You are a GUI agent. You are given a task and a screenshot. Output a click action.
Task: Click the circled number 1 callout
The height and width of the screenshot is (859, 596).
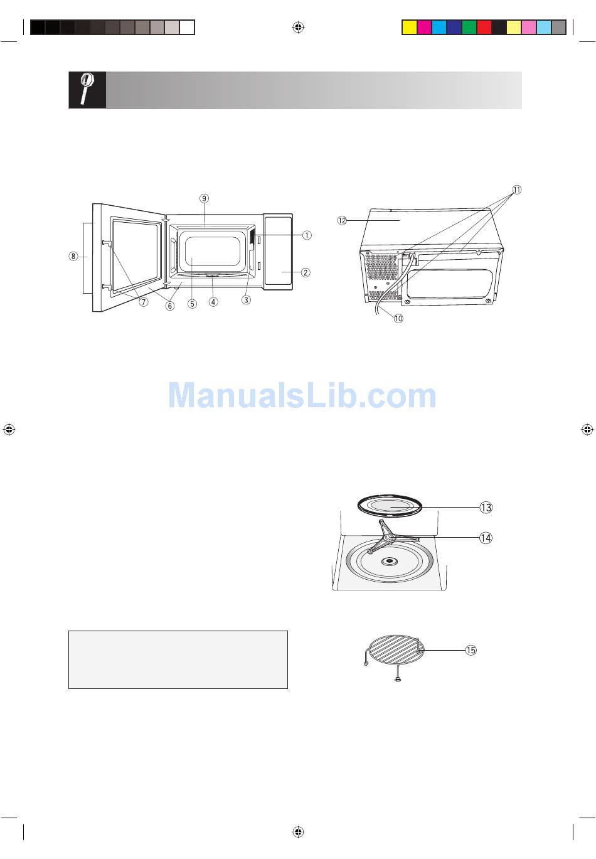pyautogui.click(x=307, y=235)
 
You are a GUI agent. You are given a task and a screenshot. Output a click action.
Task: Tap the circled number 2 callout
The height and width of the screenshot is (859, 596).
pyautogui.click(x=306, y=272)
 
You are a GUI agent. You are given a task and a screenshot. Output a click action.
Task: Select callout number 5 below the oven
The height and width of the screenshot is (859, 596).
pyautogui.click(x=192, y=304)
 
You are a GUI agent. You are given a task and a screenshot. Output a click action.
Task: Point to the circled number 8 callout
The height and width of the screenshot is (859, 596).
pyautogui.click(x=73, y=256)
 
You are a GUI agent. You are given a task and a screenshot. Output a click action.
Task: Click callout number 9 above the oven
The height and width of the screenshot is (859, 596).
pyautogui.click(x=204, y=198)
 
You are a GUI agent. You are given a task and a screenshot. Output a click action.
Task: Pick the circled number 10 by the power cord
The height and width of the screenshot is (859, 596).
pyautogui.click(x=398, y=318)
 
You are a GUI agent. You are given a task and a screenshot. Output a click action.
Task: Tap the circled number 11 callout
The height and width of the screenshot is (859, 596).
pyautogui.click(x=516, y=189)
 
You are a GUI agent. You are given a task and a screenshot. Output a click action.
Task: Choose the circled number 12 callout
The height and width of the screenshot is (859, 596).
pyautogui.click(x=342, y=220)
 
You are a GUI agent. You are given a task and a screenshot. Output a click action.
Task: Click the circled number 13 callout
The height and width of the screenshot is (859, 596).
pyautogui.click(x=486, y=508)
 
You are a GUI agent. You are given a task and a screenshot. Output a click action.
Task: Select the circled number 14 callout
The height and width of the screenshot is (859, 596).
pyautogui.click(x=486, y=538)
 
